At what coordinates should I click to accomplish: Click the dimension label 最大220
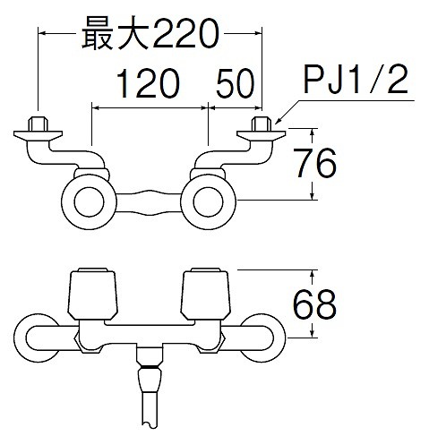(150, 33)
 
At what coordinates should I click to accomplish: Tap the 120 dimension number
(148, 83)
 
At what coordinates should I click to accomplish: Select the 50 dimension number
(236, 83)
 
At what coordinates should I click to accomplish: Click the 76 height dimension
(316, 164)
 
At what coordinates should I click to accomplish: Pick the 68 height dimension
(314, 303)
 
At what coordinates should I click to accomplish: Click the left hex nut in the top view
(38, 124)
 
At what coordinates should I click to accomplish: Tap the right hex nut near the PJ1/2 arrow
(262, 124)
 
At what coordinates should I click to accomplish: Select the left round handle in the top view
(89, 201)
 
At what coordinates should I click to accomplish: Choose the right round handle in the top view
(208, 201)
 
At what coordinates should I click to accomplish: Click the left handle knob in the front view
(92, 294)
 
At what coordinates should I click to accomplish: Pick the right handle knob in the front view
(206, 294)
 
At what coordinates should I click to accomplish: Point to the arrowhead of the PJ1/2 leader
(277, 122)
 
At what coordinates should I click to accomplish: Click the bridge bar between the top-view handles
(149, 202)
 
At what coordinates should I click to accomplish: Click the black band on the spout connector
(150, 366)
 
